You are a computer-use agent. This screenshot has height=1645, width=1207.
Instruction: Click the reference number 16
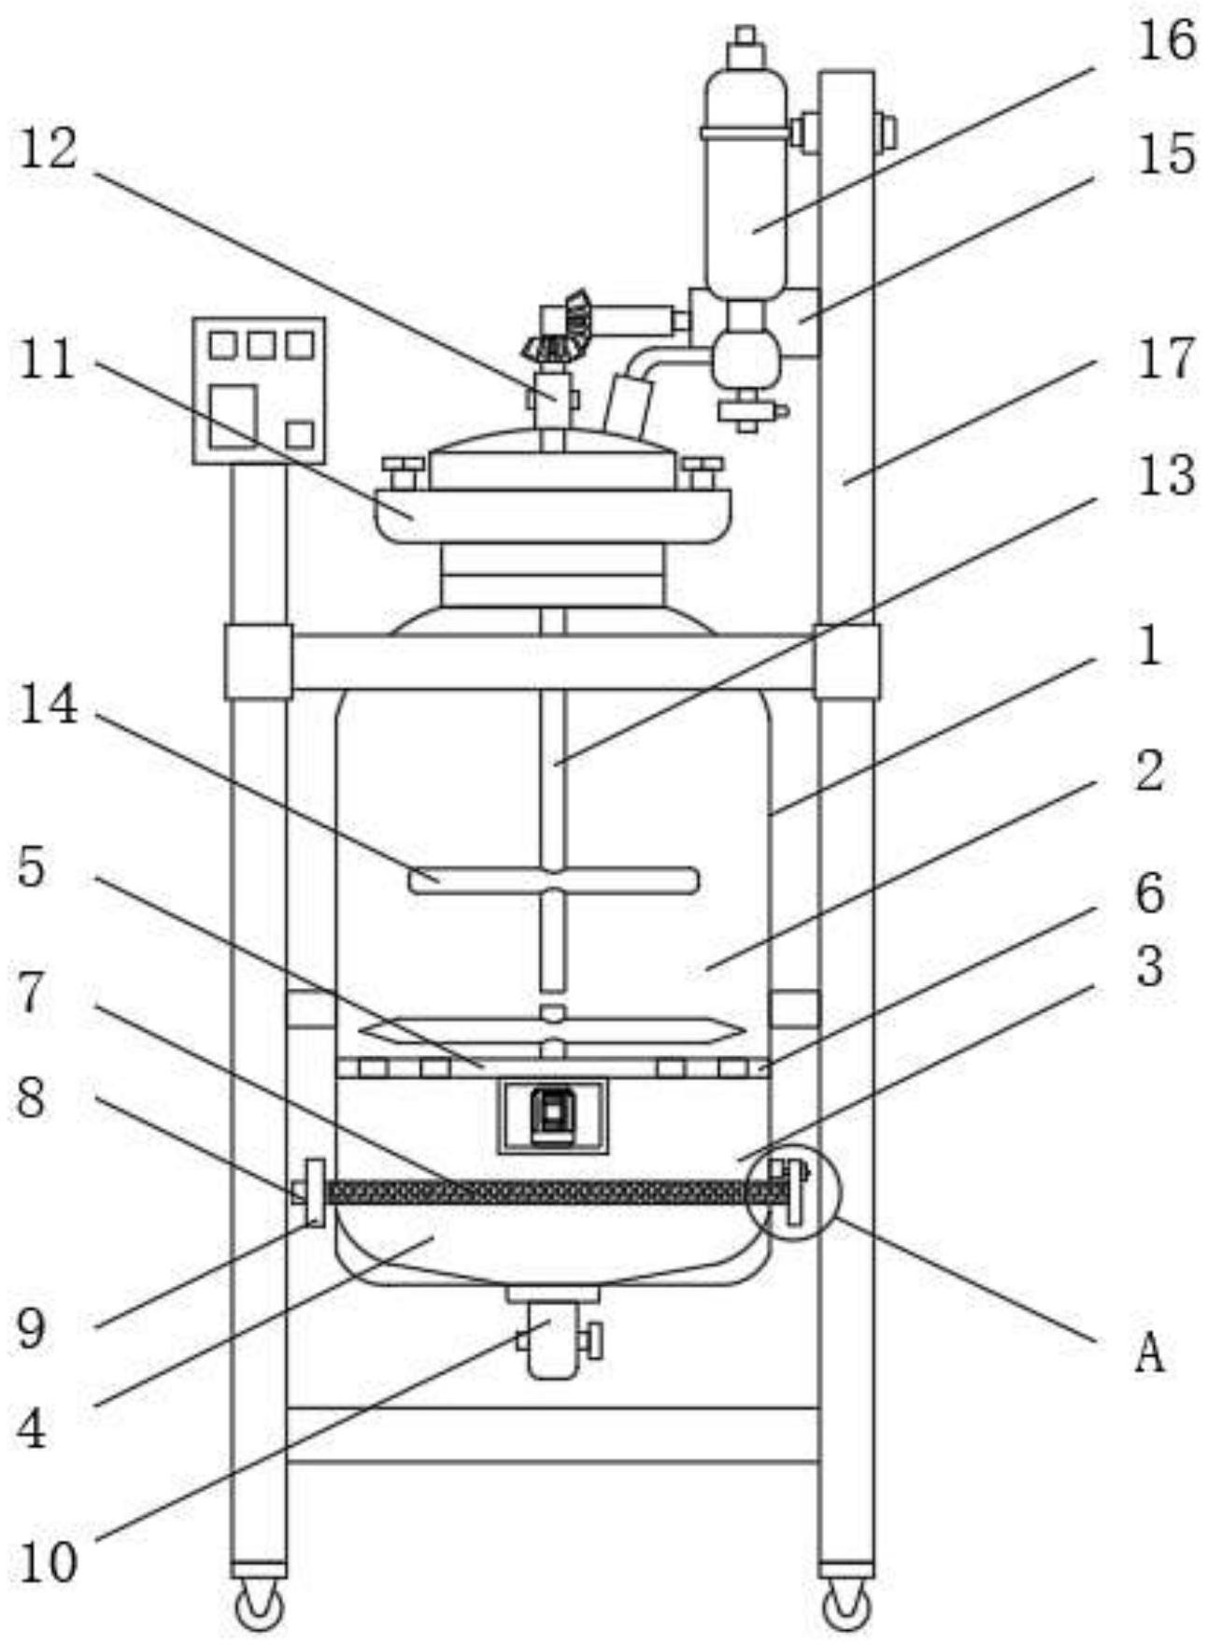[1165, 41]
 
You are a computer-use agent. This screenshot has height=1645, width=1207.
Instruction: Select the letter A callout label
[1150, 1352]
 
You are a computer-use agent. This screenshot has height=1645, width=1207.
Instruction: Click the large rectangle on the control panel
[233, 415]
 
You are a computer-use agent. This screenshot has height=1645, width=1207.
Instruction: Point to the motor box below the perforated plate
[552, 1115]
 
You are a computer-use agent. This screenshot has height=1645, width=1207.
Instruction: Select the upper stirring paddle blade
[553, 880]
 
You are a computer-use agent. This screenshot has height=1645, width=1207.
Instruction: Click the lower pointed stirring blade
[553, 1030]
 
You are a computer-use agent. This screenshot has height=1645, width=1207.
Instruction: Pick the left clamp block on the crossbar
[258, 662]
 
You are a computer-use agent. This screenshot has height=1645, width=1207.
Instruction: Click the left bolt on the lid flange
[404, 471]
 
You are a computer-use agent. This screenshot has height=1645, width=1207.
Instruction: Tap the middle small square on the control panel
[261, 345]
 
